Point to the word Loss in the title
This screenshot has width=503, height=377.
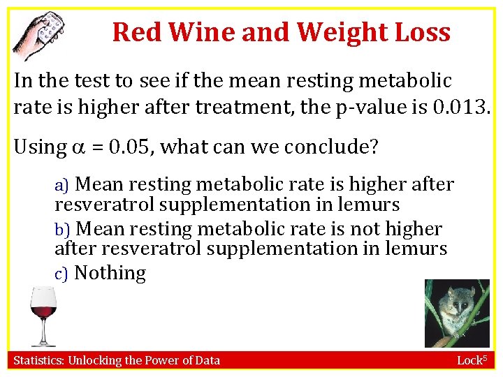425,32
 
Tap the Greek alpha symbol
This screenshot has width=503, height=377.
79,148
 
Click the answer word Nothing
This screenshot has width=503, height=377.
110,274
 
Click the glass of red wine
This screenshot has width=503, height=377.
43,314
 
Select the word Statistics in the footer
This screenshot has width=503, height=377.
40,360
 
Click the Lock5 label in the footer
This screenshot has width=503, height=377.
474,360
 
